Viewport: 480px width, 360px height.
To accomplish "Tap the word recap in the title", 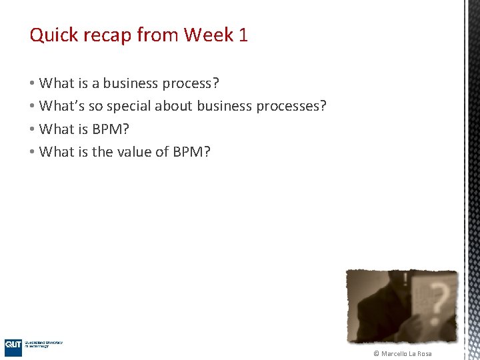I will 105,35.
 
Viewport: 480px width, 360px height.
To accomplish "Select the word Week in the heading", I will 209,35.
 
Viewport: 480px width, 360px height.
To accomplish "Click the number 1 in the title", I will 243,35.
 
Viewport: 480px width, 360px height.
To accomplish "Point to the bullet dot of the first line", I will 32,83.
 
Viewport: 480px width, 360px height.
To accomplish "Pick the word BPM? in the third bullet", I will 111,129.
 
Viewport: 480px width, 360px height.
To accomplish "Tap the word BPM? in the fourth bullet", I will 192,152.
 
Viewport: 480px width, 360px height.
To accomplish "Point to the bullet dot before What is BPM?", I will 32,129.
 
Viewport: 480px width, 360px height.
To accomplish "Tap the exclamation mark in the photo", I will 403,279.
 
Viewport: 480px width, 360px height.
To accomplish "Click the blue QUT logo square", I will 13,346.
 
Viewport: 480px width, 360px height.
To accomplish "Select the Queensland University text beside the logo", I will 44,343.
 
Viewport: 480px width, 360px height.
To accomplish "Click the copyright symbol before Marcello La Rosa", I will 377,353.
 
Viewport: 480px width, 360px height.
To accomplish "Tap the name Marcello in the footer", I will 395,353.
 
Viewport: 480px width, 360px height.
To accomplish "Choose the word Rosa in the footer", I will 425,353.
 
